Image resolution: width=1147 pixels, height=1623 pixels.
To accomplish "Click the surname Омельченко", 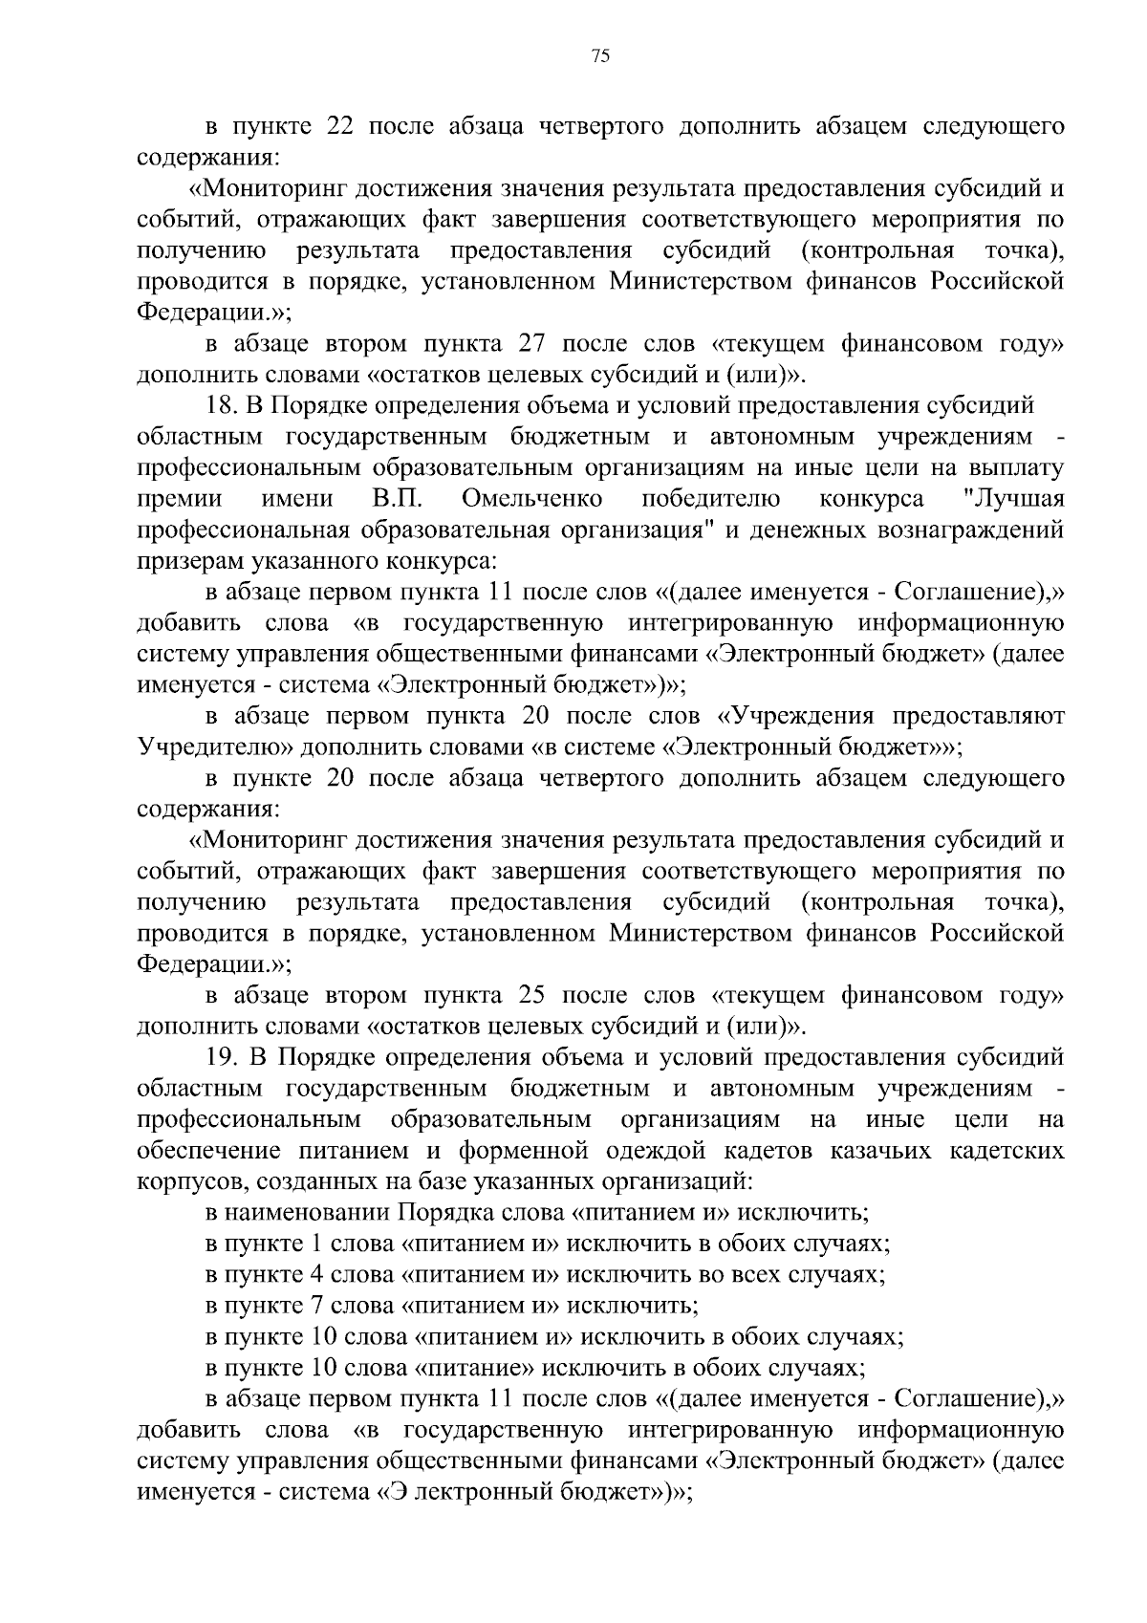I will [531, 499].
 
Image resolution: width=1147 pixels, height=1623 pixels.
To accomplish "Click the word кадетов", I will [766, 1151].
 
